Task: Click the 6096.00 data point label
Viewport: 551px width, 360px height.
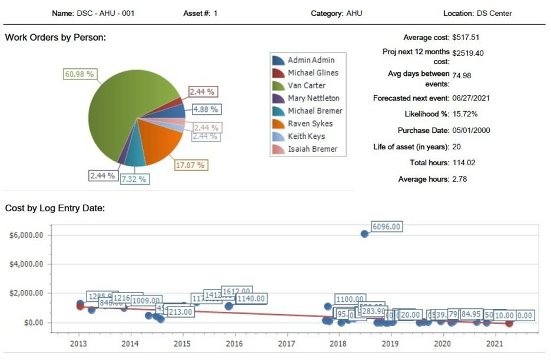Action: coord(387,227)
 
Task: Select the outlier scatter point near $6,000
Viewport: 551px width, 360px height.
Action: coord(364,234)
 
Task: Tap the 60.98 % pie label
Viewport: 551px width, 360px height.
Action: coord(79,74)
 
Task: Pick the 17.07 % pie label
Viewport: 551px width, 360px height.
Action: coord(190,165)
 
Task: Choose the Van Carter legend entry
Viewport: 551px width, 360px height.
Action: coord(306,85)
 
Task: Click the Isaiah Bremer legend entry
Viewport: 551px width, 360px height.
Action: coord(312,149)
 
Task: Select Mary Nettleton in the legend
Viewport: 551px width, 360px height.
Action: coord(313,98)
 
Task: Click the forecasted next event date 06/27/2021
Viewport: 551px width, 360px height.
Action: coord(471,98)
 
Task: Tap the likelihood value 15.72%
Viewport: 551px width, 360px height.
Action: coord(465,114)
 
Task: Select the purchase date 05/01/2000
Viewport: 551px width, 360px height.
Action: coord(471,131)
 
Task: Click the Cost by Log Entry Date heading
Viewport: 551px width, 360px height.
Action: coord(55,208)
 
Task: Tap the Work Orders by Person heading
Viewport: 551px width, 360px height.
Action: coord(55,38)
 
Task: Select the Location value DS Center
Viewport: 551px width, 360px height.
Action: coord(494,13)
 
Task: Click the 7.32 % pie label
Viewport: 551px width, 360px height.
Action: coord(134,178)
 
